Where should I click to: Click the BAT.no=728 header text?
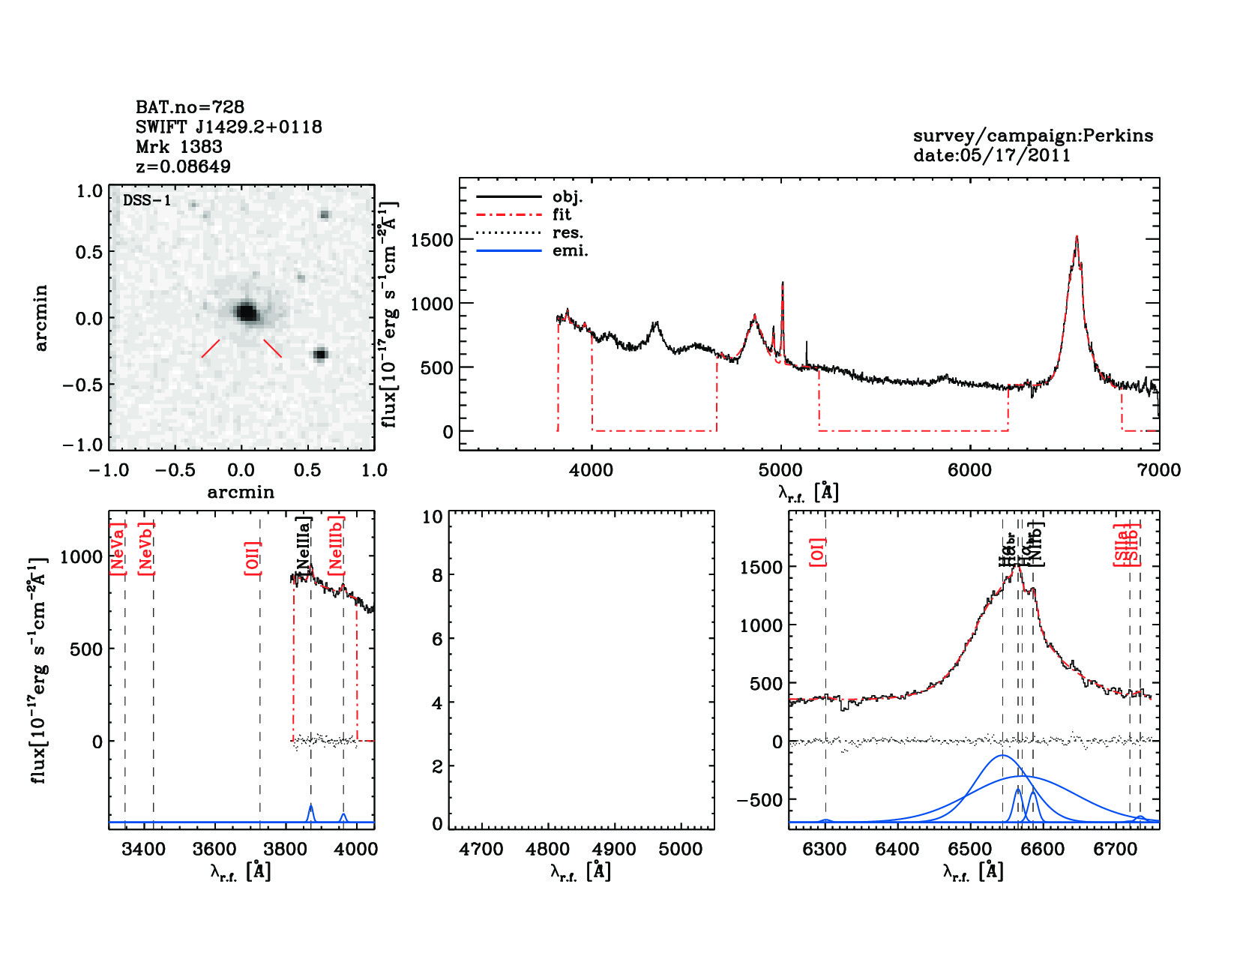190,107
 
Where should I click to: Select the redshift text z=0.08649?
183,166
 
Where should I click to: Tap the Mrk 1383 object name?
178,147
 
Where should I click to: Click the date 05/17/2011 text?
991,156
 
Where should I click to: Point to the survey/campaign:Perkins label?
1032,136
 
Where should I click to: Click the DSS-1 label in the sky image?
147,201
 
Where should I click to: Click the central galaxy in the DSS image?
246,311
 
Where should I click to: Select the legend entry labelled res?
568,233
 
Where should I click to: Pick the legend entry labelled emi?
570,251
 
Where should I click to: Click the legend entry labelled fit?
562,215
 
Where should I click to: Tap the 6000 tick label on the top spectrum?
970,470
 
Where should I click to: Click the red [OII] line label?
252,558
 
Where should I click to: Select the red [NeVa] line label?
118,549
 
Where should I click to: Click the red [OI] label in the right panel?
817,552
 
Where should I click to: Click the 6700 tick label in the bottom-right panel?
1116,850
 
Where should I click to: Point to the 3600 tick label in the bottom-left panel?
214,850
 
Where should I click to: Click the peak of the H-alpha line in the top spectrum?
1077,238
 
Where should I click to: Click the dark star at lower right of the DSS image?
321,354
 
